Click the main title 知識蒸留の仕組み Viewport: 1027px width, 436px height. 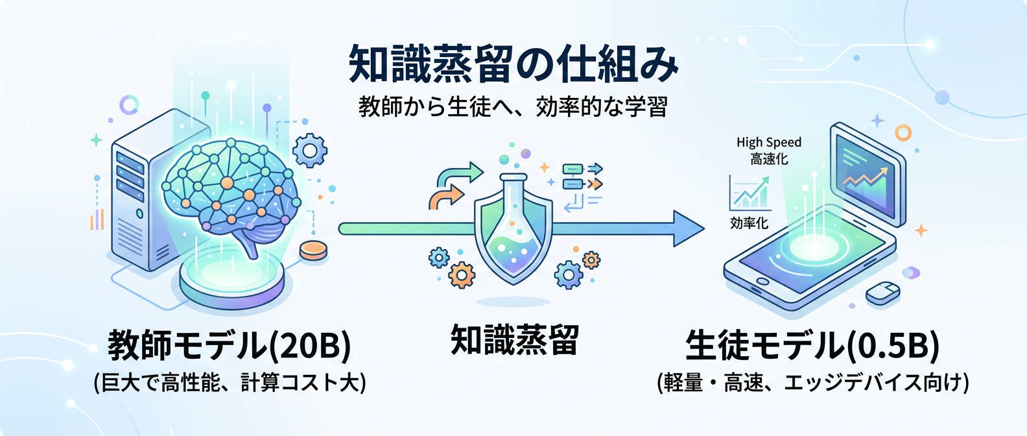coord(513,64)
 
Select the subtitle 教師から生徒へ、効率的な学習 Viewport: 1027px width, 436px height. coord(513,106)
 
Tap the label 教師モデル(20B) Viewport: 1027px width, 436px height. coord(230,345)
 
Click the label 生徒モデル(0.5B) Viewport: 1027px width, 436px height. coord(812,345)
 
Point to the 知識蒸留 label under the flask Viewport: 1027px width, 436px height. coord(514,340)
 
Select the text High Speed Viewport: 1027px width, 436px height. coord(768,142)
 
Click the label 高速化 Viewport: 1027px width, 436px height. coord(768,159)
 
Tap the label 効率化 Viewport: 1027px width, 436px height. coord(749,223)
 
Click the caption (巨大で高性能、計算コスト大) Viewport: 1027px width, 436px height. coord(230,382)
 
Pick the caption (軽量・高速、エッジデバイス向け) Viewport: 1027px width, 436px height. coord(813,382)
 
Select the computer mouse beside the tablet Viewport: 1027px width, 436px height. coord(883,293)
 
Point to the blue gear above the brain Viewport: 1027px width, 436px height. coord(309,151)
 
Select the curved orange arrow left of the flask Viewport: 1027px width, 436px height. coord(446,195)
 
